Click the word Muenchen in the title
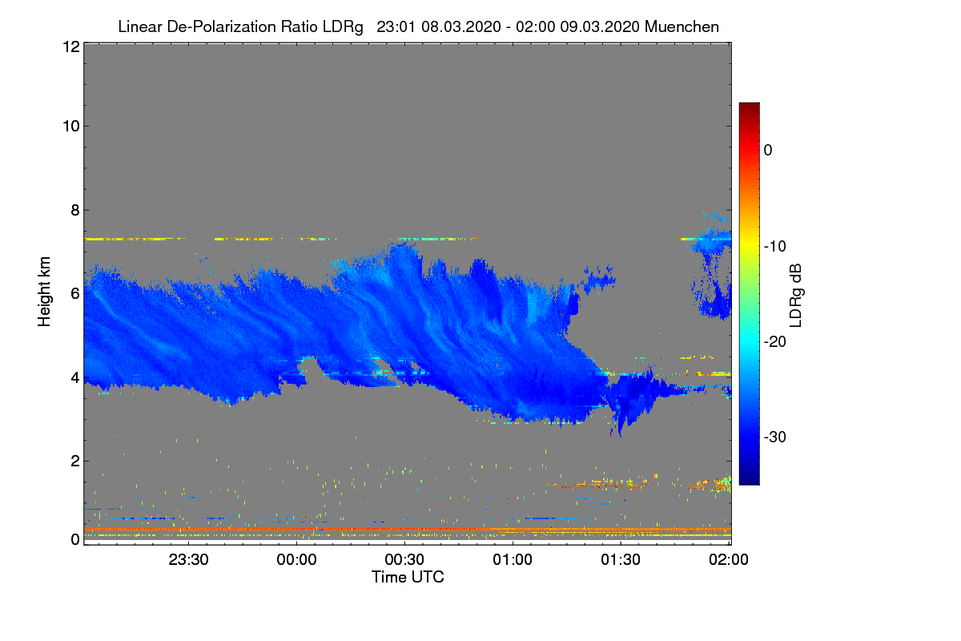[x=682, y=26]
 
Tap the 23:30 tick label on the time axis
[x=189, y=560]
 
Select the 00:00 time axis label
[x=297, y=560]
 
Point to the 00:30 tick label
[x=404, y=560]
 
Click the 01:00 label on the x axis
[x=513, y=560]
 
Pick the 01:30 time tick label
[x=621, y=560]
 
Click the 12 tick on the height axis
[x=70, y=47]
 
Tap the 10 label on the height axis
[x=70, y=126]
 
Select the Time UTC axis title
[x=408, y=577]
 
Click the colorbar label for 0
[x=768, y=150]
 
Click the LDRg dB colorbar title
[x=795, y=294]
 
